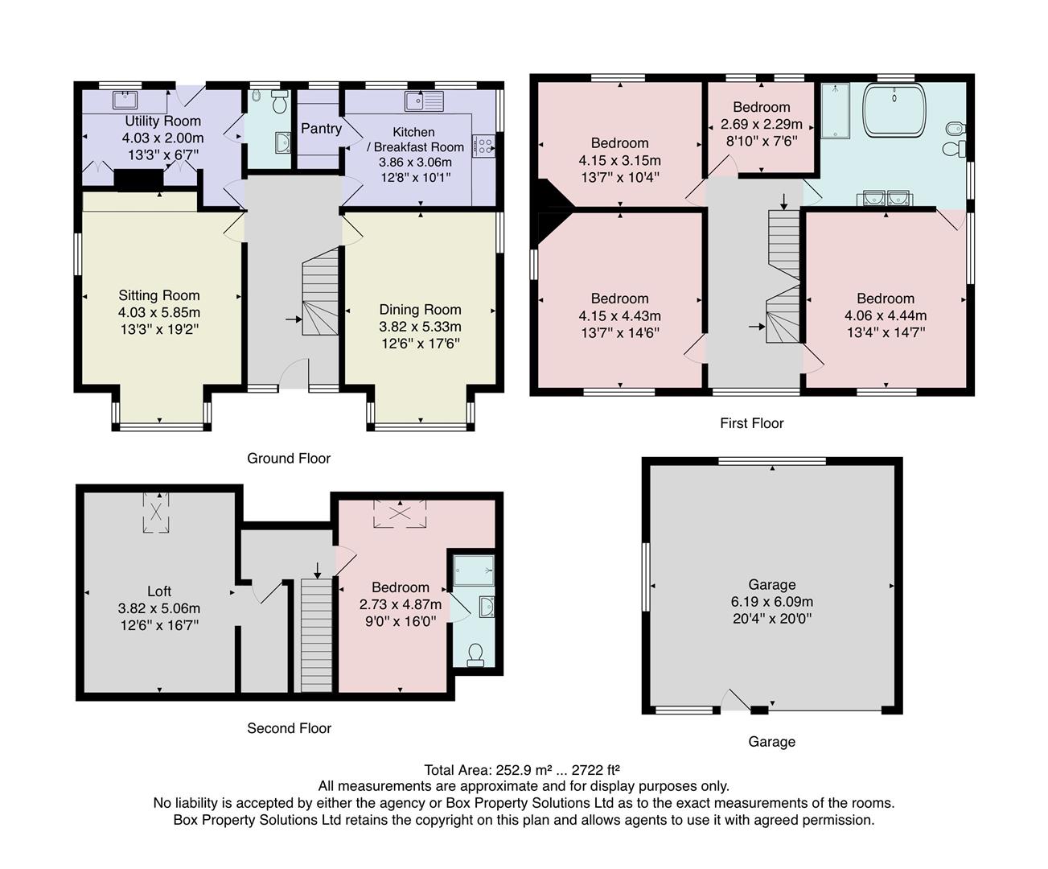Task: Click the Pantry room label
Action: tap(321, 128)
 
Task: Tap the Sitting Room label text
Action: tap(159, 295)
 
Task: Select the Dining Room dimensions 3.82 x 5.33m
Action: tap(420, 327)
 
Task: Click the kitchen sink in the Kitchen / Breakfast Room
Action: tap(425, 101)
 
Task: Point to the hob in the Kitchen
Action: tap(483, 145)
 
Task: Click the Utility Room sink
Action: tap(125, 100)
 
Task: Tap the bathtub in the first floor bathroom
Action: tap(894, 109)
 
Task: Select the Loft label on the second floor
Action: tap(159, 591)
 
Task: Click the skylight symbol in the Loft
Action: tap(157, 512)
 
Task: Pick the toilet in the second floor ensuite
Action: tap(475, 655)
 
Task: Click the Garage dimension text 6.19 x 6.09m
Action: tap(771, 602)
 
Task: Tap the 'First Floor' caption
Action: tap(751, 423)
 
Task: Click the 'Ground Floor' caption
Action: tap(289, 459)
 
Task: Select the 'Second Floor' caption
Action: tap(289, 728)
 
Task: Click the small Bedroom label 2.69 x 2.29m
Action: tap(761, 124)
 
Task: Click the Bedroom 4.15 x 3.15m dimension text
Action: tap(619, 160)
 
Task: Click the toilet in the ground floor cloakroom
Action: tap(278, 102)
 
